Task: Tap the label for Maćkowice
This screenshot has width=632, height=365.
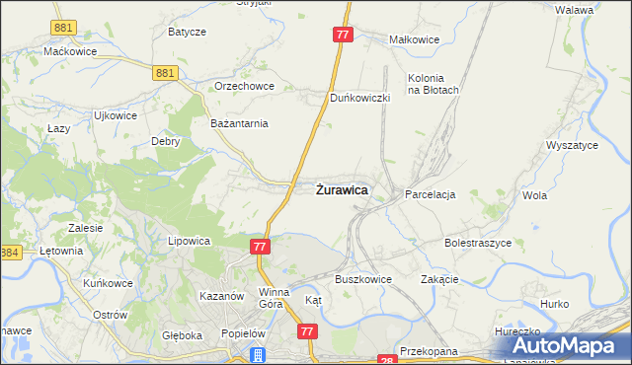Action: click(x=68, y=50)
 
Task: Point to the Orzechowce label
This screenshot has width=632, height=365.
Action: click(x=243, y=86)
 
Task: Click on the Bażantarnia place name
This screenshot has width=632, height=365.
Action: click(x=240, y=124)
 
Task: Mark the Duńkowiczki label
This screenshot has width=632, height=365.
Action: click(x=360, y=99)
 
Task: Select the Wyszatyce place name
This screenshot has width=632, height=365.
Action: click(x=572, y=145)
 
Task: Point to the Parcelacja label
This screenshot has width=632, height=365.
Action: click(x=430, y=194)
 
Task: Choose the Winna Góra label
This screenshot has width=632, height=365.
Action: click(x=274, y=298)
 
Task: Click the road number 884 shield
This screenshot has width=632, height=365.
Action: click(x=10, y=253)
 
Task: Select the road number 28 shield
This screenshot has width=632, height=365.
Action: click(x=386, y=360)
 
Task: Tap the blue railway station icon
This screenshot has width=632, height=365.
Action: click(x=259, y=355)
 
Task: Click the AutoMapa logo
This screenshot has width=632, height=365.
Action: click(x=564, y=345)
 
